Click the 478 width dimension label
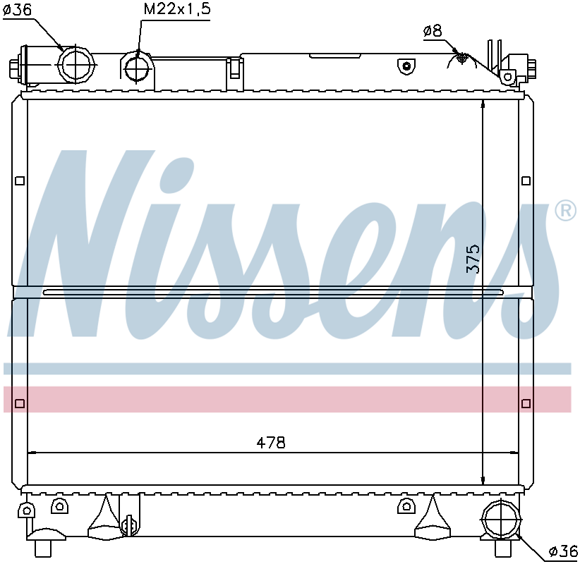tap(271, 443)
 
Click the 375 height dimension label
tap(473, 259)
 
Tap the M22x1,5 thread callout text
tap(177, 9)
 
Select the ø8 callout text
tap(433, 31)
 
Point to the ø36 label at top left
tap(18, 10)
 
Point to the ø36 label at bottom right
tap(563, 552)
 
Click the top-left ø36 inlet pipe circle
tap(75, 65)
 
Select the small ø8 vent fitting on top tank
tap(461, 57)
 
